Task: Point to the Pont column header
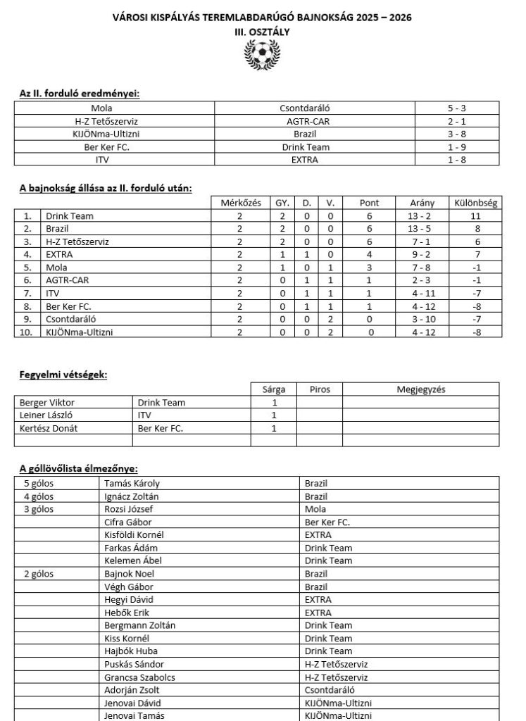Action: click(x=369, y=203)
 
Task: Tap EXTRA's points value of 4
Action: click(x=369, y=254)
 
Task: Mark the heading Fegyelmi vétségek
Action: click(x=63, y=375)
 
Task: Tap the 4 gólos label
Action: click(x=39, y=496)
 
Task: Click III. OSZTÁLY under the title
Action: click(x=262, y=32)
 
